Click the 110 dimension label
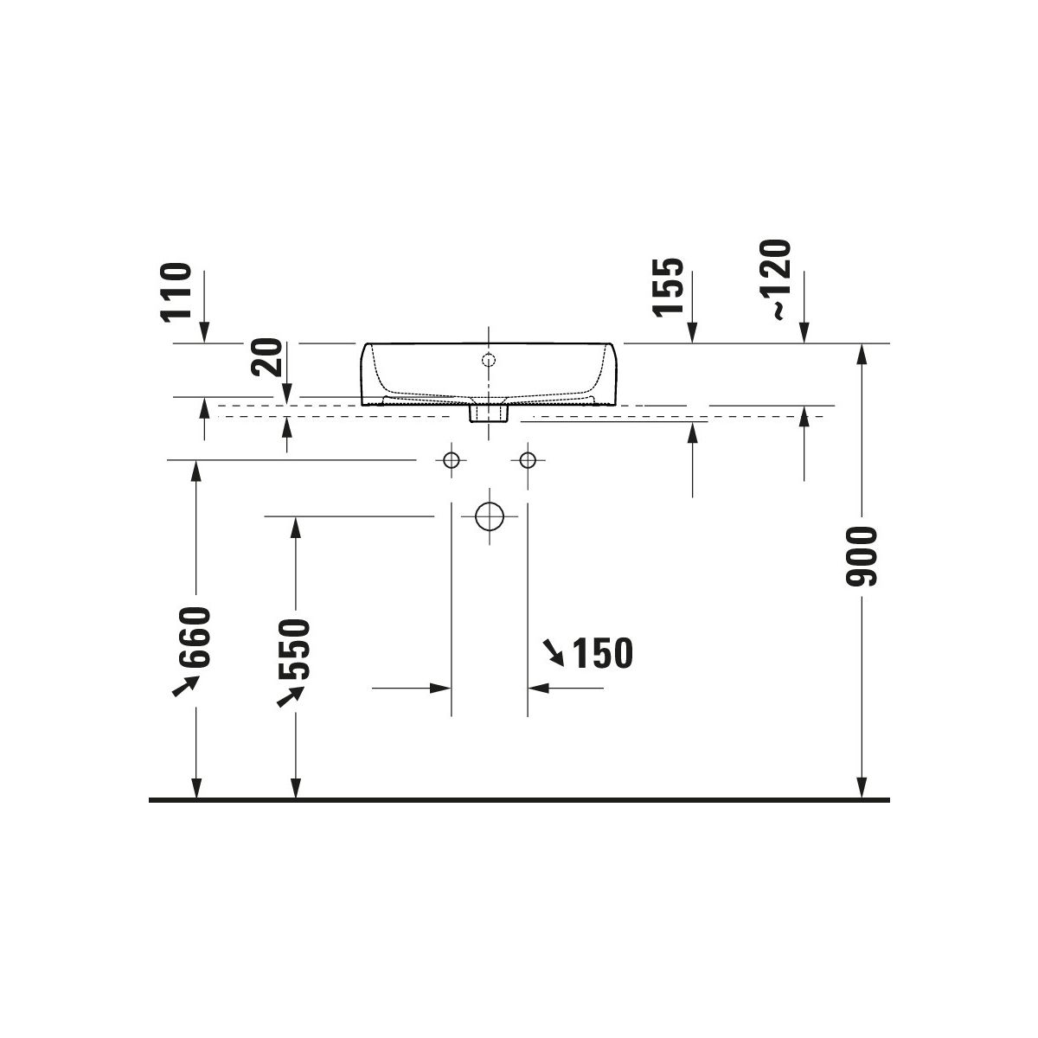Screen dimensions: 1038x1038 pos(176,292)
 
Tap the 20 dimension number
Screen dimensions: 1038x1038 pos(266,356)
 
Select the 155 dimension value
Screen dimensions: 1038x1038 pos(668,287)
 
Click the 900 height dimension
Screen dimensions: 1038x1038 pos(862,556)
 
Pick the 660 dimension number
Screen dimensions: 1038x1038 pos(194,638)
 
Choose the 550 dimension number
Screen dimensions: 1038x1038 pos(294,650)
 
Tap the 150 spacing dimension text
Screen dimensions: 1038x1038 pos(602,653)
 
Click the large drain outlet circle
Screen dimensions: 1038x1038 pos(489,516)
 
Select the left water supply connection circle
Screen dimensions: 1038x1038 pos(452,460)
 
